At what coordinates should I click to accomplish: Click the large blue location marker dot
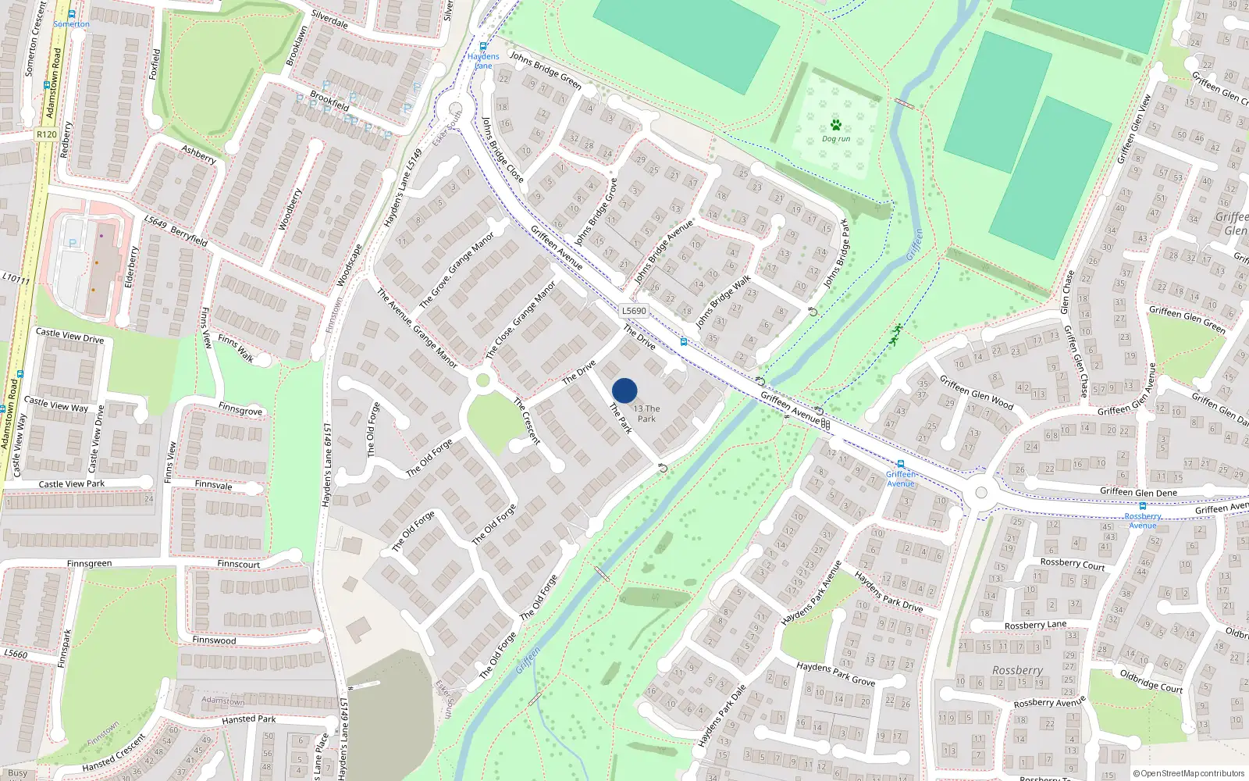(x=624, y=390)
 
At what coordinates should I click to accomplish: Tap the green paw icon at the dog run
(x=836, y=125)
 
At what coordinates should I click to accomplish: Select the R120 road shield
(x=46, y=134)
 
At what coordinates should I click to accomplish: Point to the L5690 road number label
(x=634, y=311)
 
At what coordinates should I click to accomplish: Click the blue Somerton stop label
(x=71, y=24)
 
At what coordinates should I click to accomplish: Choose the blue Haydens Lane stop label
(x=483, y=61)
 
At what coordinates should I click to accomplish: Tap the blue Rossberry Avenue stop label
(x=1143, y=521)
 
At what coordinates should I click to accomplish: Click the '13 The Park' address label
(x=647, y=414)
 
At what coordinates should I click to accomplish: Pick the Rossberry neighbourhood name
(x=1017, y=671)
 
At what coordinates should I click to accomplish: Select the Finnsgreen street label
(x=89, y=564)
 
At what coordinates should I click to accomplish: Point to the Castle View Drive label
(x=69, y=336)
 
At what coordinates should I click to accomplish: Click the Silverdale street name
(x=329, y=20)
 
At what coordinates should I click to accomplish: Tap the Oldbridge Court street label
(x=1151, y=681)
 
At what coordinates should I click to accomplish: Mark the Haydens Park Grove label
(x=835, y=674)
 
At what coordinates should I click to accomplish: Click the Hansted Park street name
(x=248, y=719)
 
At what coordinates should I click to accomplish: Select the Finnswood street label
(x=214, y=640)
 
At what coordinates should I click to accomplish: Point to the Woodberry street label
(x=290, y=209)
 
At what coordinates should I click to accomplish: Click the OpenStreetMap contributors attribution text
(x=1189, y=774)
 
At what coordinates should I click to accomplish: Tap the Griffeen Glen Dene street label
(x=1138, y=493)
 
